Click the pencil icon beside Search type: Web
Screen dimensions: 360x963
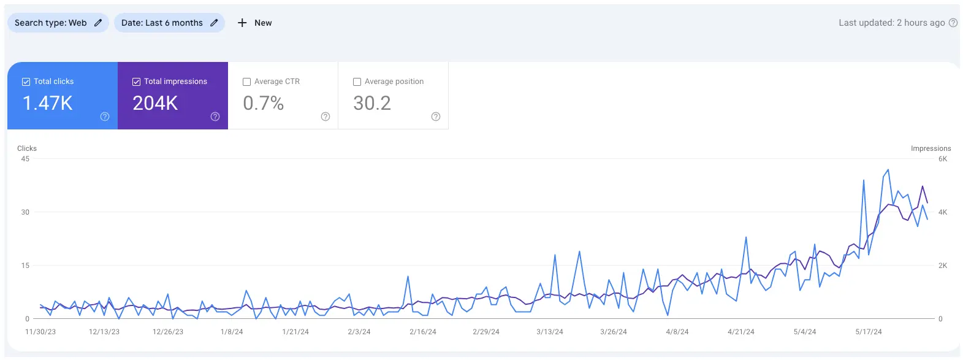tap(98, 23)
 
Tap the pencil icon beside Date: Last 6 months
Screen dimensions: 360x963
tap(214, 23)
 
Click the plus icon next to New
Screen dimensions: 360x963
tap(242, 23)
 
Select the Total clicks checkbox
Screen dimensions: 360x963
tap(26, 82)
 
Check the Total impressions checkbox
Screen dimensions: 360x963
tap(136, 82)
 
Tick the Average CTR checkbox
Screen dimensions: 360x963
tap(246, 82)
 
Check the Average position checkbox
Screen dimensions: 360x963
tap(357, 82)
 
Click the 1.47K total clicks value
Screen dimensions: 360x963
tap(47, 103)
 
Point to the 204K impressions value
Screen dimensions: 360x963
tap(155, 103)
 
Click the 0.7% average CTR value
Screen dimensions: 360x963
tap(263, 103)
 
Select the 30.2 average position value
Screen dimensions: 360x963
tap(371, 103)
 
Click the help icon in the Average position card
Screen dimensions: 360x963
tap(436, 117)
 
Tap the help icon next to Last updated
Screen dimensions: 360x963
tap(953, 23)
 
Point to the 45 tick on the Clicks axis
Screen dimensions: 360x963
tap(25, 159)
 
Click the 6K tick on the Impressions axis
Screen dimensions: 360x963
tap(943, 159)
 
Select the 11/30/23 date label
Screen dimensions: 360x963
tap(40, 332)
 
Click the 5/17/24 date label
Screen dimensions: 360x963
tap(869, 332)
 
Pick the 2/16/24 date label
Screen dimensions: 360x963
tap(423, 332)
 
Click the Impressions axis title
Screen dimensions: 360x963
tap(931, 148)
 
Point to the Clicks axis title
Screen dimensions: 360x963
tap(27, 148)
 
